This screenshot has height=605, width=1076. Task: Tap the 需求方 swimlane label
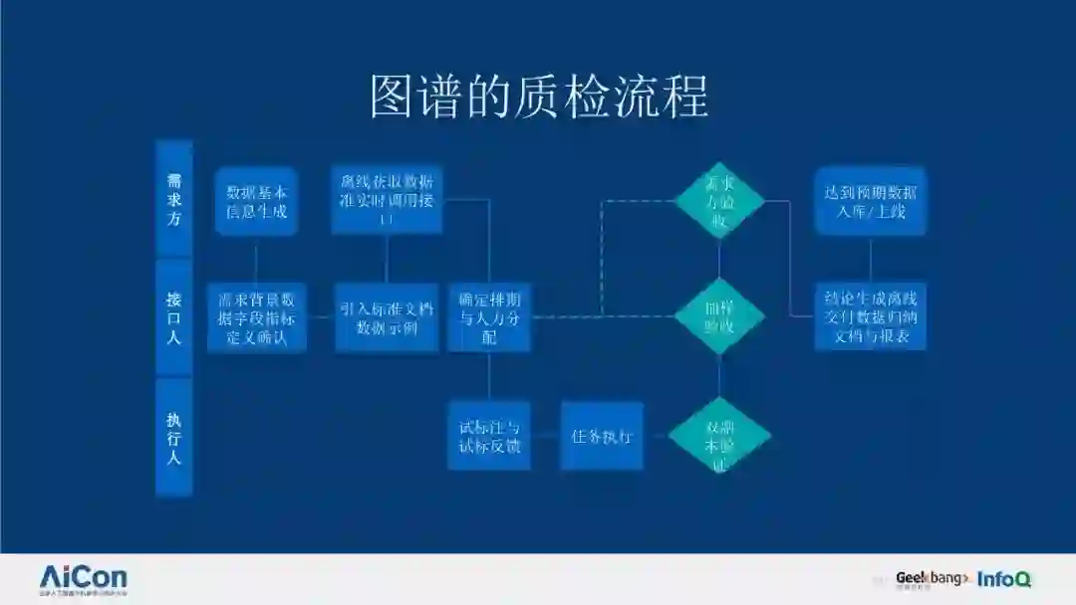174,199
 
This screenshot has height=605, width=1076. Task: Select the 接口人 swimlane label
174,318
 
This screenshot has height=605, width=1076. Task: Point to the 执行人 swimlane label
174,437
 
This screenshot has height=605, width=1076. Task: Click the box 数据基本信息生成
256,201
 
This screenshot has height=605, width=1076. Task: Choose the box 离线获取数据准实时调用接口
387,200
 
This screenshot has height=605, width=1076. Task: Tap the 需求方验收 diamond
719,201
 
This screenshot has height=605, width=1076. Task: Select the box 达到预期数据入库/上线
871,201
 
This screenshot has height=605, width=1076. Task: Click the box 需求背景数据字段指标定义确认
256,317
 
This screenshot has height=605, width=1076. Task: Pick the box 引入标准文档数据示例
387,317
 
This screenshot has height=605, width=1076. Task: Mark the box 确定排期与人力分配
488,317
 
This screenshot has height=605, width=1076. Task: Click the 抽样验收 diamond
719,317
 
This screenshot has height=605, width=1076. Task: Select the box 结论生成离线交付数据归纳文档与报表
871,317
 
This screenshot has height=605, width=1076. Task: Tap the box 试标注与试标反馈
488,436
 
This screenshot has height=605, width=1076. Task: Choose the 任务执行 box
602,436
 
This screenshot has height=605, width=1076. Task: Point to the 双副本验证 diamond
719,437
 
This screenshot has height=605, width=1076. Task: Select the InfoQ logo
1003,578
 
